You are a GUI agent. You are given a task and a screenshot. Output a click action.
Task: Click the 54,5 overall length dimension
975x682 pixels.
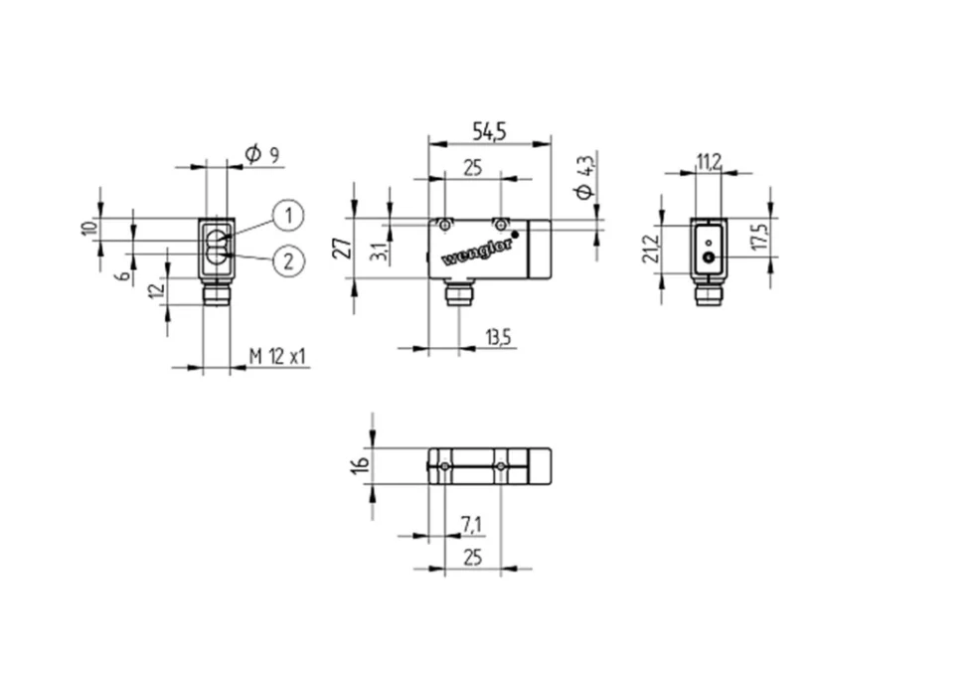489,131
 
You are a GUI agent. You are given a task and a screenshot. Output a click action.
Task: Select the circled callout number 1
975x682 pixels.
288,216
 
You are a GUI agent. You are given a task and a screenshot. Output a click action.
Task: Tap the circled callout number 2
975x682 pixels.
288,260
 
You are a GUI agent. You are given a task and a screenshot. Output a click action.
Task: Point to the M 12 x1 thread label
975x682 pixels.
277,357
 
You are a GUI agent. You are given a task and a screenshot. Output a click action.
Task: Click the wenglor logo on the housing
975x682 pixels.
477,252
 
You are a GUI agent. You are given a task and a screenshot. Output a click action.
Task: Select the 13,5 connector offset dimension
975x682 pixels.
498,337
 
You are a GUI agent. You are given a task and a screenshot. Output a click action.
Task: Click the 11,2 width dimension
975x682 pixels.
709,162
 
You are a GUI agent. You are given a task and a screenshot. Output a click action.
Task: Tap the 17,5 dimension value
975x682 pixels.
760,237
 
